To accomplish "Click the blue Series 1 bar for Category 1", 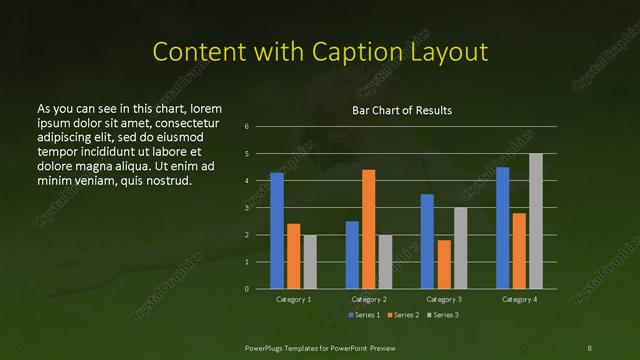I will pyautogui.click(x=277, y=231).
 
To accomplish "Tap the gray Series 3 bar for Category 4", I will pyautogui.click(x=536, y=221).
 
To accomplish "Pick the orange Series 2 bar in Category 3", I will pyautogui.click(x=444, y=264).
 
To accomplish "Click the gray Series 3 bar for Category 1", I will pyautogui.click(x=310, y=262).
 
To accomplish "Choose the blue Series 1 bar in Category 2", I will pyautogui.click(x=352, y=255).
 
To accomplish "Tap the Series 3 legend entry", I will pyautogui.click(x=446, y=315).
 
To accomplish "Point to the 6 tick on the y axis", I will pyautogui.click(x=246, y=127).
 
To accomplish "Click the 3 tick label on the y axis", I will pyautogui.click(x=246, y=208).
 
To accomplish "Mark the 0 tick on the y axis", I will pyautogui.click(x=246, y=289).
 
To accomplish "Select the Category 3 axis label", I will pyautogui.click(x=444, y=299).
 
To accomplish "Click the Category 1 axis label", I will pyautogui.click(x=294, y=299).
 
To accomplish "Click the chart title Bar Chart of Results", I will pyautogui.click(x=402, y=110).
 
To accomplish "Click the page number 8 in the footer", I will pyautogui.click(x=589, y=346).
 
